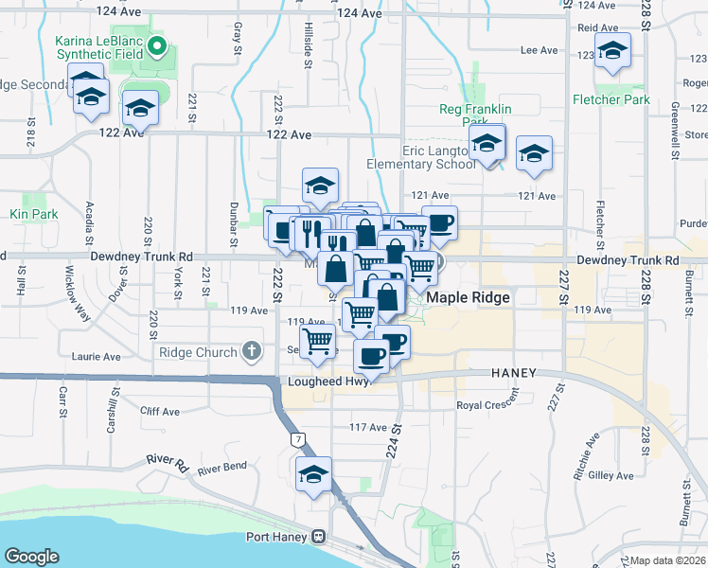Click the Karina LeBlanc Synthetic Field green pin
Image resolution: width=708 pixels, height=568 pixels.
(158, 44)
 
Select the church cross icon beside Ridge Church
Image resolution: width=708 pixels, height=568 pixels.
(251, 352)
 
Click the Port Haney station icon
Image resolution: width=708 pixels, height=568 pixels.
(319, 537)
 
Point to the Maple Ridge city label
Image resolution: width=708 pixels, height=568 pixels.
(469, 297)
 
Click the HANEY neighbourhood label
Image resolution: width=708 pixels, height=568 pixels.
(514, 373)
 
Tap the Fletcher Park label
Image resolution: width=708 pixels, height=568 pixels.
(611, 98)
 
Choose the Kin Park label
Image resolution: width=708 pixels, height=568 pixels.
(36, 215)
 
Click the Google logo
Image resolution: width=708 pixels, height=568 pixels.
(31, 556)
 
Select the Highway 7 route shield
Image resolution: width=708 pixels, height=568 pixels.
(299, 439)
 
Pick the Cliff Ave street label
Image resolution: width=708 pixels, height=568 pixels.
(160, 412)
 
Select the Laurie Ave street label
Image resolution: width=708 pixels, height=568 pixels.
(97, 357)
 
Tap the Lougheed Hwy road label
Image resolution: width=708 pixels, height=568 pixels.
(326, 382)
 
